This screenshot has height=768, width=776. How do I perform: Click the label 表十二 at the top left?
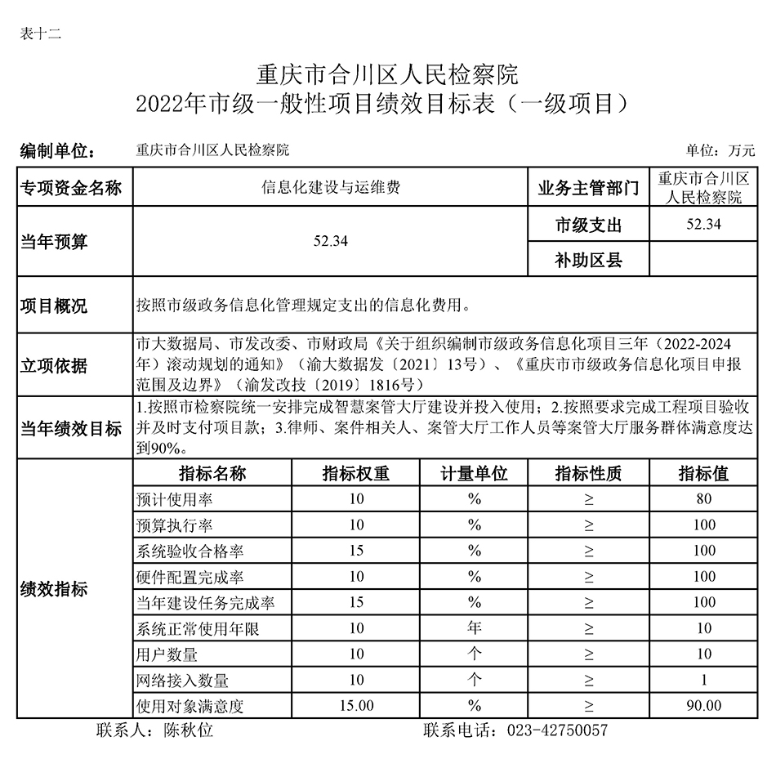click(39, 33)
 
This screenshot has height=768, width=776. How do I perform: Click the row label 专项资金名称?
click(71, 189)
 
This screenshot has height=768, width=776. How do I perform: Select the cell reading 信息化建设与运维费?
click(331, 189)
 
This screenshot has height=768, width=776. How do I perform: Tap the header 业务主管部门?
click(588, 189)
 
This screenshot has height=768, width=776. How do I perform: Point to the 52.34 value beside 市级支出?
click(704, 225)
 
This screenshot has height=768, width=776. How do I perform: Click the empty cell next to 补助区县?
click(704, 261)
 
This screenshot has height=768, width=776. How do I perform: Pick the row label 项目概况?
click(54, 306)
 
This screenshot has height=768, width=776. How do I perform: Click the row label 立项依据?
click(54, 366)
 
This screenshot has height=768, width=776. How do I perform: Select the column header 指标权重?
click(356, 474)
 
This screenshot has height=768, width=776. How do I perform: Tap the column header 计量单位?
click(475, 474)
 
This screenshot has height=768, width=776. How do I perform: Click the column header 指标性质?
click(588, 474)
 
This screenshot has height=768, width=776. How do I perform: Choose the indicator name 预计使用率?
click(175, 499)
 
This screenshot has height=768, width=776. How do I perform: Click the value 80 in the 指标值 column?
click(704, 499)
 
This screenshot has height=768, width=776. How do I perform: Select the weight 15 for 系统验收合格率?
click(356, 551)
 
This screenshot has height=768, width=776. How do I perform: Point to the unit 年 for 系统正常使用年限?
click(475, 628)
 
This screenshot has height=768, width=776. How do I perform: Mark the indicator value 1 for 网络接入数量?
click(704, 680)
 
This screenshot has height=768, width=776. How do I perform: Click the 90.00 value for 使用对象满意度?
click(704, 705)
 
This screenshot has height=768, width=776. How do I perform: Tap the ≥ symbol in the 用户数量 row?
click(589, 654)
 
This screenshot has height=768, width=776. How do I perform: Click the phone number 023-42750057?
click(558, 730)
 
